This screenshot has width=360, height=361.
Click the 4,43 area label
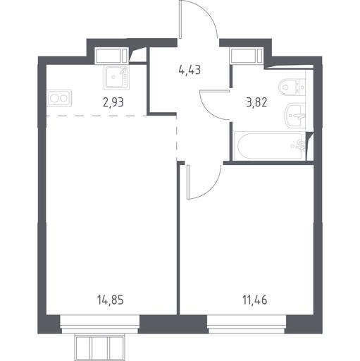[190, 70]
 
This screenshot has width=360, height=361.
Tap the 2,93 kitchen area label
[113, 102]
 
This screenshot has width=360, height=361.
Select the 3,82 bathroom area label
[256, 102]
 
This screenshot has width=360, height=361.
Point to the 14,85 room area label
[111, 300]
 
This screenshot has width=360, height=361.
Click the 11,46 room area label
[255, 300]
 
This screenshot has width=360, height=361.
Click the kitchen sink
[117, 78]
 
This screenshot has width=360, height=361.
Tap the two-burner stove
[60, 98]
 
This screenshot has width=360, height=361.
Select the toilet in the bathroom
[292, 87]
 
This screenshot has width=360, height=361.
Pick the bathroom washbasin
[295, 116]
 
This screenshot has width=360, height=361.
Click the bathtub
[271, 146]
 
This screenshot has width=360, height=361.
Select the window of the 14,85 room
[99, 324]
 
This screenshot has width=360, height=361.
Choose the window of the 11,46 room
[247, 324]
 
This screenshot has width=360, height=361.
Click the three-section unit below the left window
[99, 347]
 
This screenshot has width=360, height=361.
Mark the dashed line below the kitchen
[97, 116]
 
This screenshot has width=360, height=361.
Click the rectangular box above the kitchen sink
[112, 56]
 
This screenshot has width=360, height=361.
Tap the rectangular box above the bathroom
[246, 56]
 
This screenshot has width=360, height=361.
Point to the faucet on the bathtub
[299, 145]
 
